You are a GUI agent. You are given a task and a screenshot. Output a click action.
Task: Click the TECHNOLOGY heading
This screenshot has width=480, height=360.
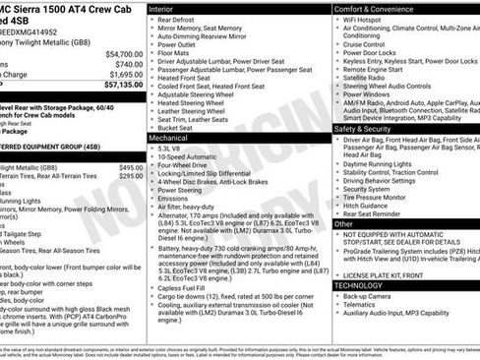coord(358,284)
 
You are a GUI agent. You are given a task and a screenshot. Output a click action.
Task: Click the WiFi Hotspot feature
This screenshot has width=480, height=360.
coord(370,20)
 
